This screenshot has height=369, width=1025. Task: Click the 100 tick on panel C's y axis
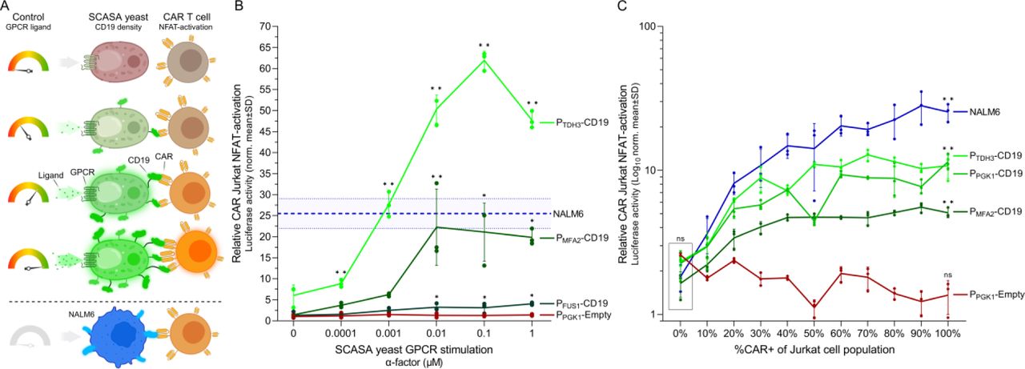click(x=647, y=26)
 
